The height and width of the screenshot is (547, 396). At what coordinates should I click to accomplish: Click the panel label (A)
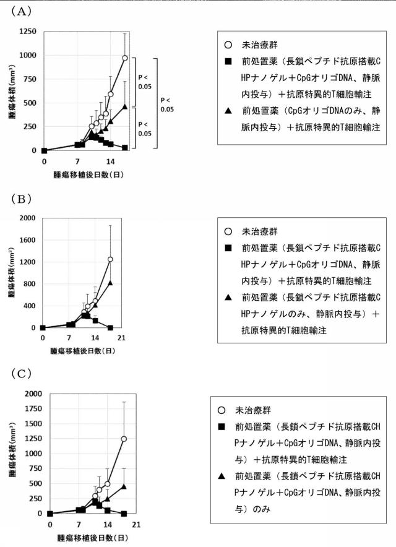[x=21, y=12]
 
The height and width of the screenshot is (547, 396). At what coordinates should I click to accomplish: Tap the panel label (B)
[x=21, y=199]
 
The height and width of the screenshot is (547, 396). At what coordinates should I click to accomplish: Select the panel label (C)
[x=21, y=374]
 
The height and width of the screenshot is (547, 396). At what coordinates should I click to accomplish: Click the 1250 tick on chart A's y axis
[x=28, y=32]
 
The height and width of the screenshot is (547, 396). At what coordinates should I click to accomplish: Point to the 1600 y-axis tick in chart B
[x=27, y=240]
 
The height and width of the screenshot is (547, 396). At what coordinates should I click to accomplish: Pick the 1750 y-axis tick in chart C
[x=33, y=408]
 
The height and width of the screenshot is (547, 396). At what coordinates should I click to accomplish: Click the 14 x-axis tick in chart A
[x=110, y=162]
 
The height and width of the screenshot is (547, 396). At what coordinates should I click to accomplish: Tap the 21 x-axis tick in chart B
[x=121, y=338]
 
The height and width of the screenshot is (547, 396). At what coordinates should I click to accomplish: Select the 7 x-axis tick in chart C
[x=79, y=524]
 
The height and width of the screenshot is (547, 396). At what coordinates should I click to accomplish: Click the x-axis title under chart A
[x=88, y=174]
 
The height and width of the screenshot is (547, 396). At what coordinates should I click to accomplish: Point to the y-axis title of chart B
[x=12, y=273]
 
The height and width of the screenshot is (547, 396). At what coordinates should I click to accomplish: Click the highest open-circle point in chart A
[x=124, y=58]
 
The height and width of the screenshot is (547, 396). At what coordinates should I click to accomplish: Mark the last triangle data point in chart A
[x=124, y=106]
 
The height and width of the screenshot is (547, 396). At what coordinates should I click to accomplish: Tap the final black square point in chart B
[x=110, y=327]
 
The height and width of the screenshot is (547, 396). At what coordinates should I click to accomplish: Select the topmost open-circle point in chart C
[x=124, y=439]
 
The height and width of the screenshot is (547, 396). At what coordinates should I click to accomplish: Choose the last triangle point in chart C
[x=124, y=486]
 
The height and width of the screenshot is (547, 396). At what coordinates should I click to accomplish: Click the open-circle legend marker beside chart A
[x=228, y=45]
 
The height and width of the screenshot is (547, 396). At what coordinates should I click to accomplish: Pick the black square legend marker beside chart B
[x=228, y=248]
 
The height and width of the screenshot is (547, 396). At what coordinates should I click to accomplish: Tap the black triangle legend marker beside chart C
[x=222, y=476]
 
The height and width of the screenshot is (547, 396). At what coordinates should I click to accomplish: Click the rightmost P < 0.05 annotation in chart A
[x=167, y=105]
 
